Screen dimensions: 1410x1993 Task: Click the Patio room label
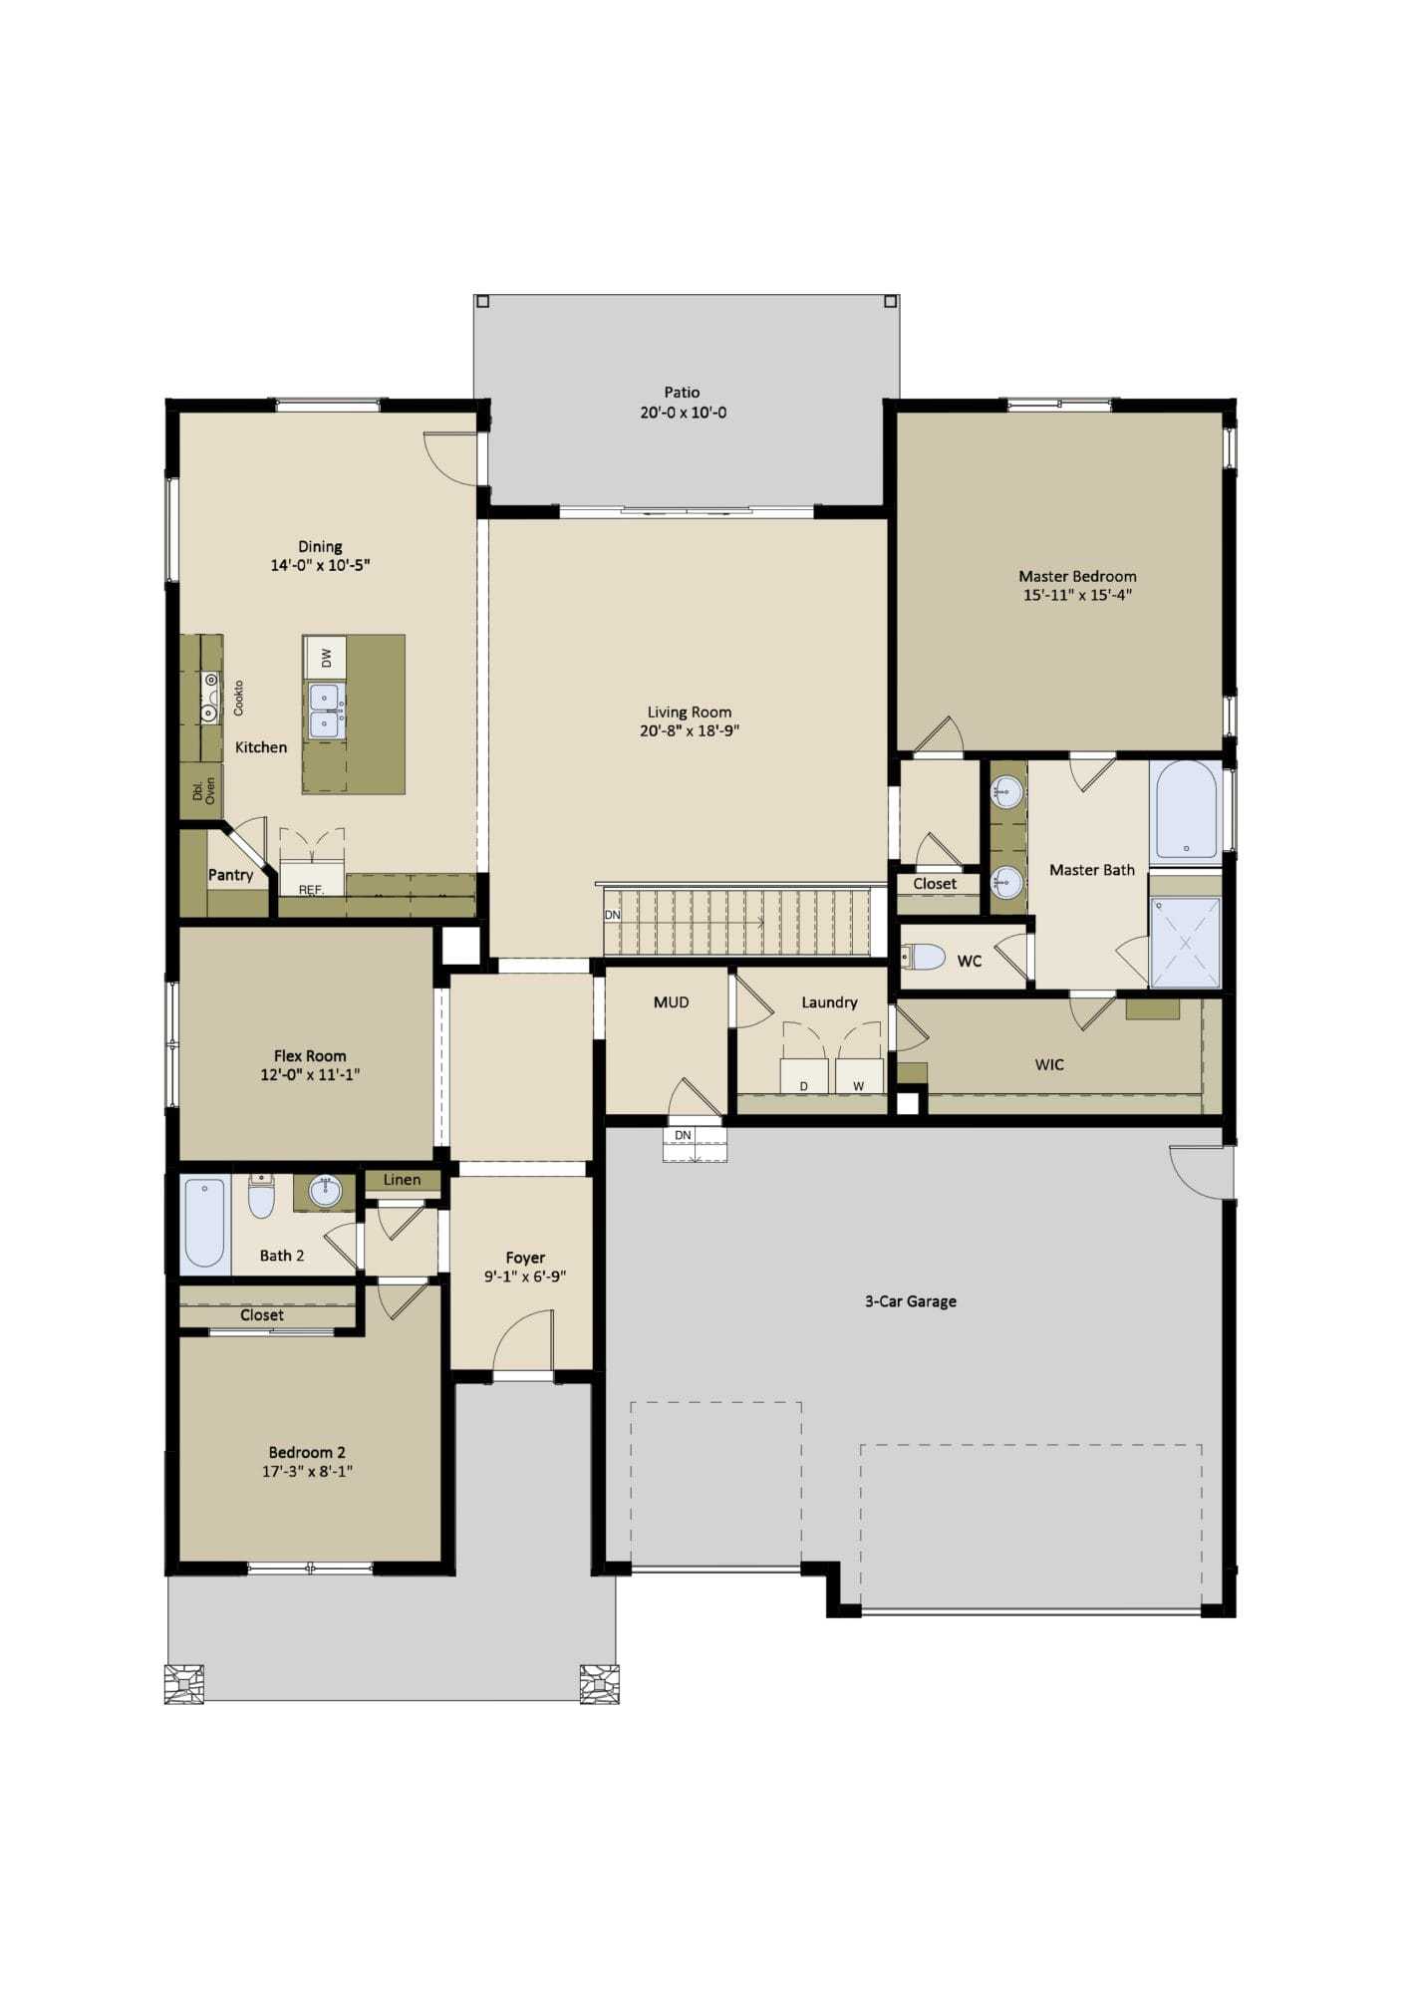click(683, 393)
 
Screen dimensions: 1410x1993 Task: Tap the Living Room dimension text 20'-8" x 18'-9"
click(690, 731)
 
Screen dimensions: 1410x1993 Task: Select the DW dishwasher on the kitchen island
click(325, 658)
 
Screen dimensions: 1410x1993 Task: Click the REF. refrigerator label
click(312, 889)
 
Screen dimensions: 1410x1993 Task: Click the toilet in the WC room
click(923, 958)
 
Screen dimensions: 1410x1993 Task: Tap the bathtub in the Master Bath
click(1186, 810)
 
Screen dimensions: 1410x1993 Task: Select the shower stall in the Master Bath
click(1185, 942)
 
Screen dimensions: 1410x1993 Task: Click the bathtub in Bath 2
click(205, 1224)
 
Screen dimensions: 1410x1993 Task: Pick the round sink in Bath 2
click(325, 1190)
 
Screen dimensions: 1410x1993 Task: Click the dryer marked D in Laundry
click(804, 1076)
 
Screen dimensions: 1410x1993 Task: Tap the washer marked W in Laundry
click(859, 1076)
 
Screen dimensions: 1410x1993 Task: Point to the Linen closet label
click(402, 1180)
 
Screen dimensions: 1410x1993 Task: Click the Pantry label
click(230, 875)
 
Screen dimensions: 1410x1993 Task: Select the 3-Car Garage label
click(911, 1301)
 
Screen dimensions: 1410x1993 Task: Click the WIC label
click(1049, 1065)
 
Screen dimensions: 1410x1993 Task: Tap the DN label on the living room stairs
click(613, 915)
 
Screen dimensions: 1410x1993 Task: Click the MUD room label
click(672, 1002)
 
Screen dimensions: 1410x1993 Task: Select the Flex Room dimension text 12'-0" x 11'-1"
click(310, 1075)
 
